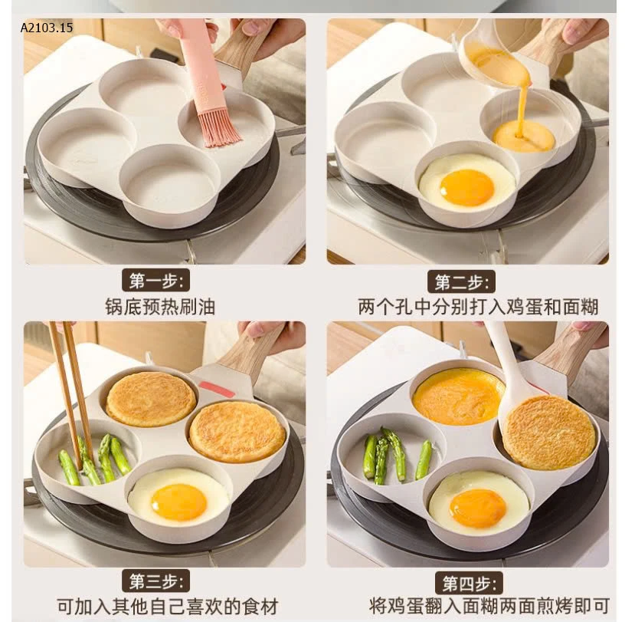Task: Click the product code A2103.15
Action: click(47, 28)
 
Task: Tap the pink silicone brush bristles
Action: click(219, 129)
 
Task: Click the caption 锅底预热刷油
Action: click(160, 308)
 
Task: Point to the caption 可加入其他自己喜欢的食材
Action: click(167, 606)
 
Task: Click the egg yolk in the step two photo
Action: click(467, 187)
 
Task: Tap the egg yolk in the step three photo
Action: click(178, 502)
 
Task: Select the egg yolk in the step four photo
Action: click(477, 508)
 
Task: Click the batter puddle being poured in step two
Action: click(523, 136)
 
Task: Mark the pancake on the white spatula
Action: click(548, 432)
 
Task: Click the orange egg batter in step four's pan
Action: click(459, 396)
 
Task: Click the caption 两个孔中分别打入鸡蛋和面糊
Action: click(478, 308)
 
